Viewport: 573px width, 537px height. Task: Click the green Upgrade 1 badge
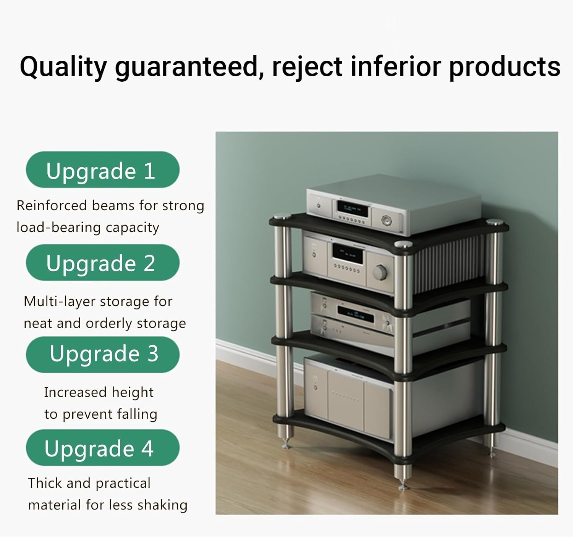[x=102, y=170]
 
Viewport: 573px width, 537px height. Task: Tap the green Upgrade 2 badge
[x=102, y=263]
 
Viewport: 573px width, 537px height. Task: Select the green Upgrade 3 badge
[x=102, y=354]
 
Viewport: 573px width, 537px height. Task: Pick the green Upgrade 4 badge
[x=102, y=448]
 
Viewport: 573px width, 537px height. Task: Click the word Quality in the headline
[x=63, y=67]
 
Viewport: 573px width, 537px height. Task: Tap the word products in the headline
[x=504, y=67]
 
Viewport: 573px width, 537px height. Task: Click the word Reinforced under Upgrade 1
[x=52, y=206]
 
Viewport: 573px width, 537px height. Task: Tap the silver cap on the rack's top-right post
[x=494, y=221]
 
